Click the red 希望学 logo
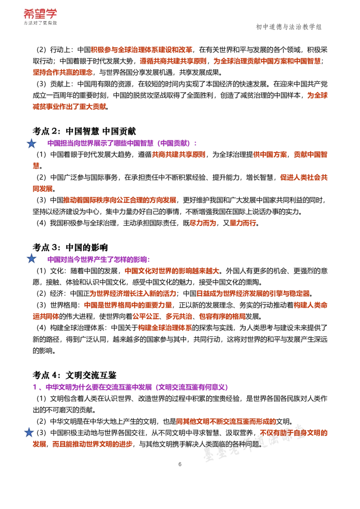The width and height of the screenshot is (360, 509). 40,14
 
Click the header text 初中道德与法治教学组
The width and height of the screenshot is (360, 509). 288,27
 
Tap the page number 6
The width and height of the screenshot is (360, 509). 180,464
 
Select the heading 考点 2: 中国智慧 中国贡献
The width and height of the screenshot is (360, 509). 84,131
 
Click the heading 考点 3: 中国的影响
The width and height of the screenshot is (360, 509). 70,247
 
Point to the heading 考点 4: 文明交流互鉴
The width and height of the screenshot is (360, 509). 74,375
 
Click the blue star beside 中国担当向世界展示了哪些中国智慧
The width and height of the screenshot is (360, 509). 31,143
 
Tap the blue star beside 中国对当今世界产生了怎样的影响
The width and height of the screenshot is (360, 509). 31,259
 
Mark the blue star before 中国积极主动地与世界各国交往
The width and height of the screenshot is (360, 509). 29,432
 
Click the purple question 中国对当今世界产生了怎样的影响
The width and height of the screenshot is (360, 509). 99,259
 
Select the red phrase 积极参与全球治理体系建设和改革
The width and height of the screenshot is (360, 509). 141,49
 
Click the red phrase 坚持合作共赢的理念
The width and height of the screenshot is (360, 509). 63,72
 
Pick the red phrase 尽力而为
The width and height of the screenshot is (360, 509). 203,223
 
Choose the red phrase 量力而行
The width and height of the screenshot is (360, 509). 243,223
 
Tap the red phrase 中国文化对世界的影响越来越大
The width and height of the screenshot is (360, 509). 172,271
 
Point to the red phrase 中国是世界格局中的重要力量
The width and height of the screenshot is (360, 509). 128,305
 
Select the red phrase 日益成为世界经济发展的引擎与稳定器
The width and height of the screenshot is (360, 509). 253,294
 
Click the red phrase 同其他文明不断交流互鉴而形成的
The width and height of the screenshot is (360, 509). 226,421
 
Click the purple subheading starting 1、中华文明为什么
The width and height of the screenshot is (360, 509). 130,387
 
